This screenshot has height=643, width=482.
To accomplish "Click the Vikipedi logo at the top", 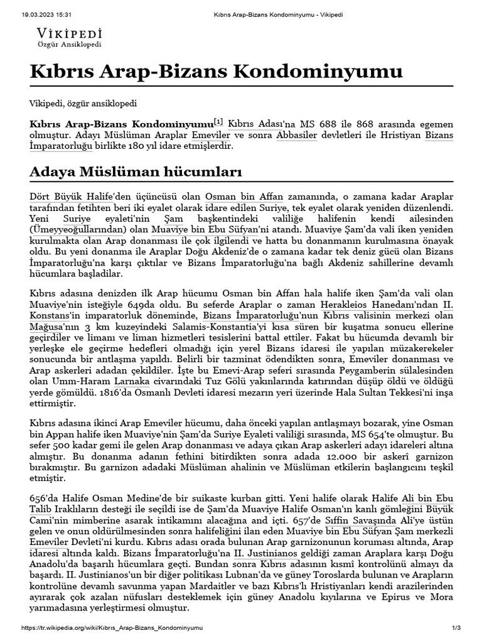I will pyautogui.click(x=69, y=38).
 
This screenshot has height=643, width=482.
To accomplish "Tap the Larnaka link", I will pyautogui.click(x=131, y=381).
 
